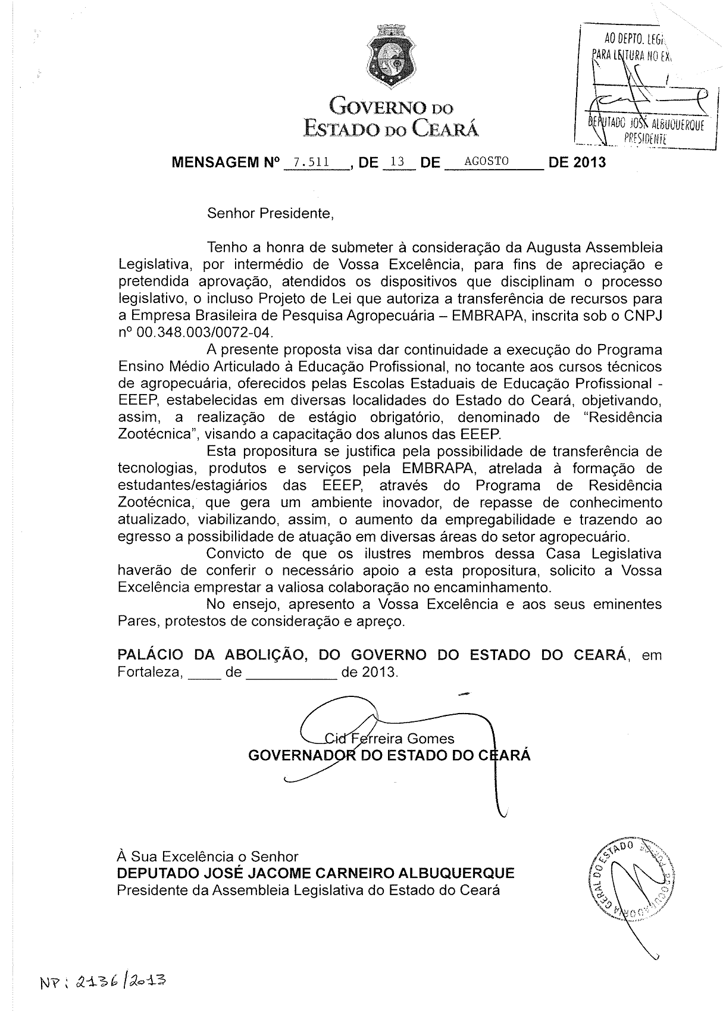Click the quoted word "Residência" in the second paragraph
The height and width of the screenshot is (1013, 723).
point(624,417)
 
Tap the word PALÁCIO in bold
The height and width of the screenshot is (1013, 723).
point(151,655)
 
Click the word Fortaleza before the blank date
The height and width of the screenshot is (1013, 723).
point(149,673)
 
